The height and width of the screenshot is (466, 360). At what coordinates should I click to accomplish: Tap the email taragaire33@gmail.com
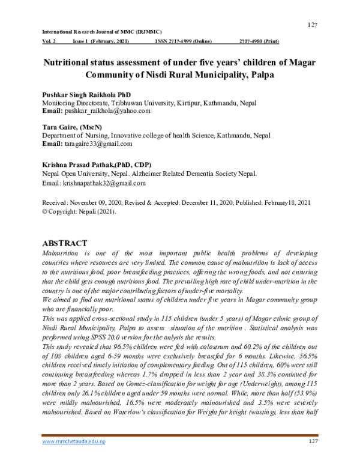tap(100, 144)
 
